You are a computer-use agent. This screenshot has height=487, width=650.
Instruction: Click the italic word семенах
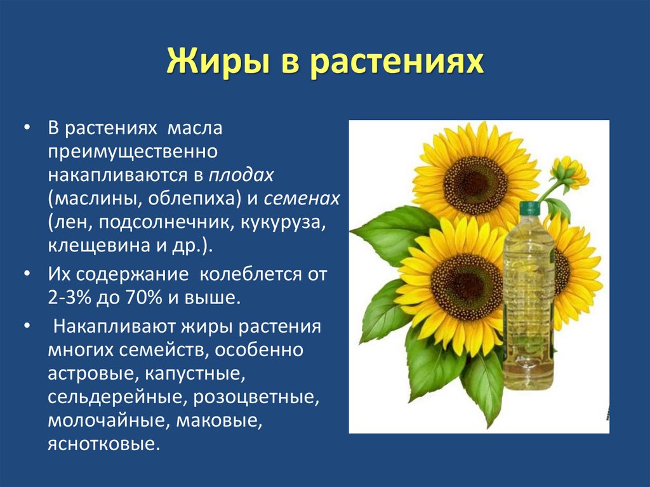click(302, 199)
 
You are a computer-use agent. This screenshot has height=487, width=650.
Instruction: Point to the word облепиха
click(191, 199)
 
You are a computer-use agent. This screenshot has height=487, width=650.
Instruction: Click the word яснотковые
click(102, 444)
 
